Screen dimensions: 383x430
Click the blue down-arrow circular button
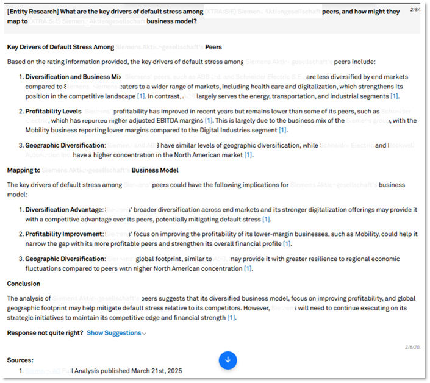[228, 360]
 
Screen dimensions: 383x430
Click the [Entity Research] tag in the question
[31, 12]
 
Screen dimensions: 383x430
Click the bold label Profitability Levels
[53, 112]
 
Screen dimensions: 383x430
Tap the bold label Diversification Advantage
[64, 210]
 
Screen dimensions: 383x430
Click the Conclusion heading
[24, 284]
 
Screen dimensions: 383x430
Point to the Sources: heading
[20, 360]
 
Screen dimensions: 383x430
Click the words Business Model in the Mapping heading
[155, 170]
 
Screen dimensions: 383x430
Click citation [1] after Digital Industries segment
[282, 130]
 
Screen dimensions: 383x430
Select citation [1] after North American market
[248, 155]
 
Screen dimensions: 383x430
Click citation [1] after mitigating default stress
[266, 219]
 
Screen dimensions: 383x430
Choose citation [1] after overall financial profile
[287, 244]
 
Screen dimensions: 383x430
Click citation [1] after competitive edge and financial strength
[231, 317]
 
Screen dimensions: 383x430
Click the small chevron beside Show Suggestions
[144, 334]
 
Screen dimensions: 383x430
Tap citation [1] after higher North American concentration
[248, 268]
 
